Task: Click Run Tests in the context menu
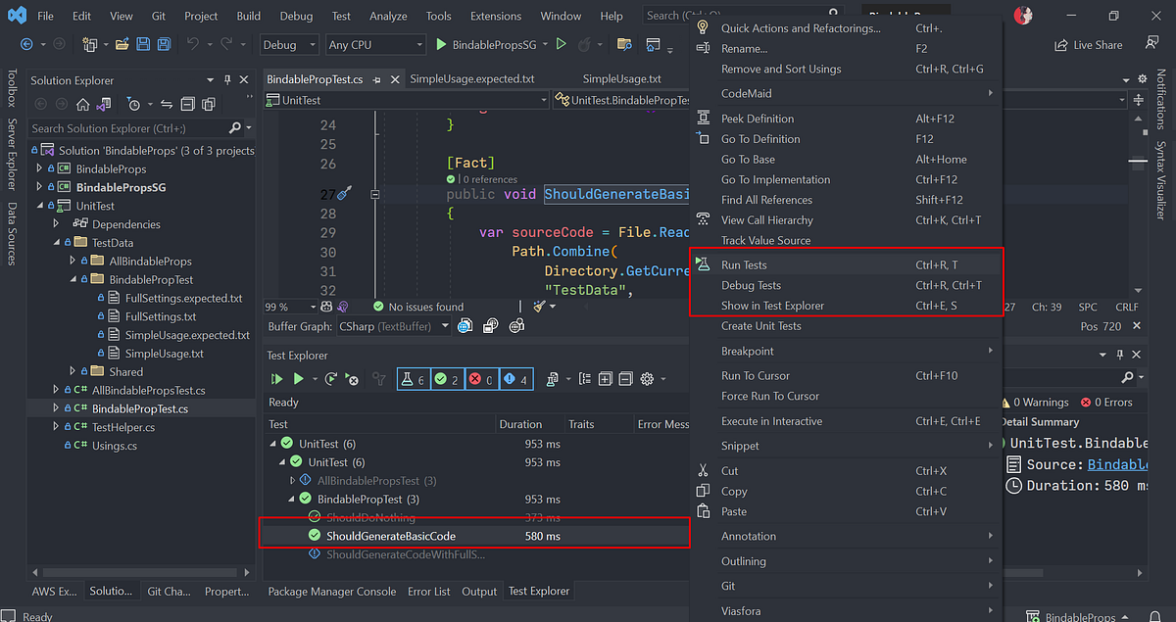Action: [744, 265]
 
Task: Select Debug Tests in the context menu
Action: [751, 286]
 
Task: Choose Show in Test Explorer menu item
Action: [772, 306]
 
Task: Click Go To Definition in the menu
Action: [760, 139]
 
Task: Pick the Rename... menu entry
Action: [744, 49]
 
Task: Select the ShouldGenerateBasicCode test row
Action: [391, 536]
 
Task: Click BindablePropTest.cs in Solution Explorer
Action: [139, 408]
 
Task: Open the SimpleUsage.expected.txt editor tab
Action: [472, 79]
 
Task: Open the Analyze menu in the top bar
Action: [388, 16]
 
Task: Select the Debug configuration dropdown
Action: [289, 44]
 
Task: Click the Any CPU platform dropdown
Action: [375, 44]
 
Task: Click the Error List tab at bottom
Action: [429, 592]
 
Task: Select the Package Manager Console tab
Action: [331, 592]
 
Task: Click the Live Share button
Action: [1089, 45]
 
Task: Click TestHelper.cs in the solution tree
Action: [123, 427]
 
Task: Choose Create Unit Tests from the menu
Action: [760, 326]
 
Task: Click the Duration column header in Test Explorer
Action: [520, 424]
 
